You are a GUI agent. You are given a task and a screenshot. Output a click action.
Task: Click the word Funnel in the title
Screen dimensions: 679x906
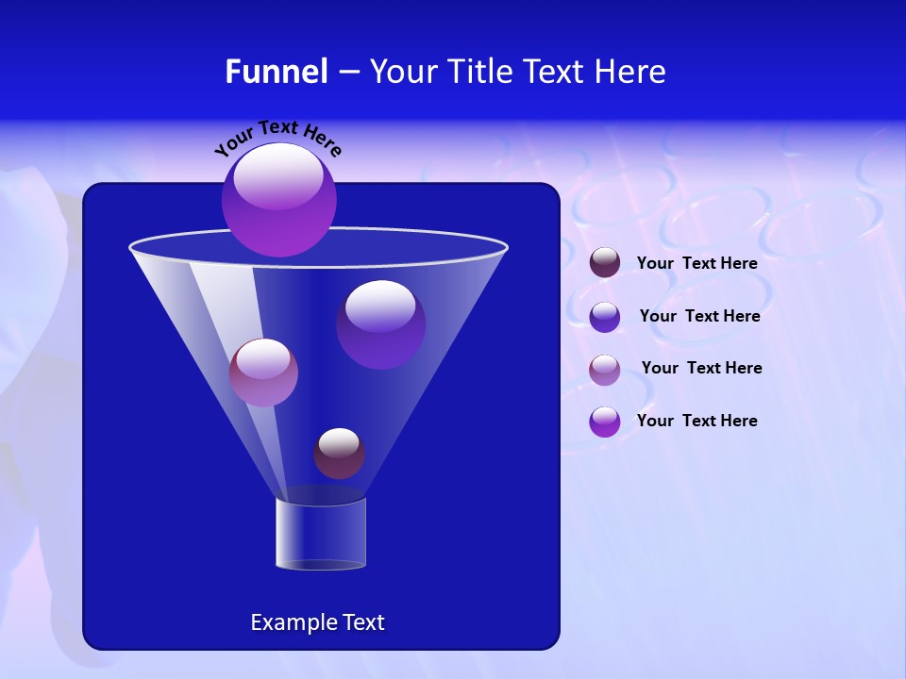pyautogui.click(x=276, y=72)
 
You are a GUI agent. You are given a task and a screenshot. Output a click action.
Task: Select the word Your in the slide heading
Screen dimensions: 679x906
pyautogui.click(x=404, y=72)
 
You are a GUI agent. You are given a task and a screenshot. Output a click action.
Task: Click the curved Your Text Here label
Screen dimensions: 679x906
pyautogui.click(x=277, y=137)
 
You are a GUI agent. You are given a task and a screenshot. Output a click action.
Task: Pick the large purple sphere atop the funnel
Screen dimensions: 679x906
pyautogui.click(x=279, y=200)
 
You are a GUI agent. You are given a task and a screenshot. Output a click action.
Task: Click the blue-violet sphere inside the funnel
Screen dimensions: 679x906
pyautogui.click(x=380, y=323)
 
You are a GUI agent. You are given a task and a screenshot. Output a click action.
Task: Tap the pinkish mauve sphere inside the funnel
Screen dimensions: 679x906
pyautogui.click(x=263, y=373)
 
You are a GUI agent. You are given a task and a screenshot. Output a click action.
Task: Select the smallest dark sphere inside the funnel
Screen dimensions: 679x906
pyautogui.click(x=339, y=454)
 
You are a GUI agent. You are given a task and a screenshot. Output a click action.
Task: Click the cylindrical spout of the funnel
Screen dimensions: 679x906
pyautogui.click(x=321, y=534)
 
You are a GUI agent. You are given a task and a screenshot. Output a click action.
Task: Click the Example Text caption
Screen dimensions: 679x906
pyautogui.click(x=317, y=622)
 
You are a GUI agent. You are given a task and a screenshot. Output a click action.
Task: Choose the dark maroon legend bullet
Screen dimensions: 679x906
pyautogui.click(x=605, y=263)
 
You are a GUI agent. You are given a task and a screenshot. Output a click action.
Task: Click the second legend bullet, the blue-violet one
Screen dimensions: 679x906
pyautogui.click(x=605, y=317)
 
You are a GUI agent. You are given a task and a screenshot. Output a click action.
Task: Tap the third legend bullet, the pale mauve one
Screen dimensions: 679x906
pyautogui.click(x=605, y=370)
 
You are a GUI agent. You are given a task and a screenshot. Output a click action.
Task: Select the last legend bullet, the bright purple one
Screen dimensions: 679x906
pyautogui.click(x=605, y=422)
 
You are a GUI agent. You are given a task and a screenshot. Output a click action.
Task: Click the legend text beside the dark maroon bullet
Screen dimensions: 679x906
pyautogui.click(x=696, y=264)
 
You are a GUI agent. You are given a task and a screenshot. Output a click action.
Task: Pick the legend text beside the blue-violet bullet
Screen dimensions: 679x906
pyautogui.click(x=699, y=316)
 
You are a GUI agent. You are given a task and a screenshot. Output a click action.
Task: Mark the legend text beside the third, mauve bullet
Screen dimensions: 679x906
pyautogui.click(x=701, y=368)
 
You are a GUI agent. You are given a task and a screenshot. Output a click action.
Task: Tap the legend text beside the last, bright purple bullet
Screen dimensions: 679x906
pyautogui.click(x=696, y=421)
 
